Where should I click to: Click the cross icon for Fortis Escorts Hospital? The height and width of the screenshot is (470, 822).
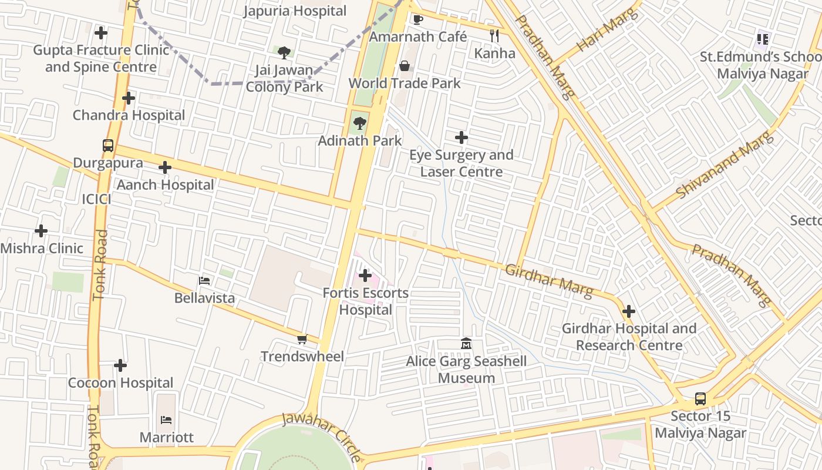365,275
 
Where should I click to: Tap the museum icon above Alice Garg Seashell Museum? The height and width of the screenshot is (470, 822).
466,343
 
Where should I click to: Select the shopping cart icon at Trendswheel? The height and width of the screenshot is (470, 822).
302,339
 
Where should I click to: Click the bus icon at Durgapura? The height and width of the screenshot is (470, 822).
108,145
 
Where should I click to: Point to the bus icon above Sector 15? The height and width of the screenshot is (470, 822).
700,399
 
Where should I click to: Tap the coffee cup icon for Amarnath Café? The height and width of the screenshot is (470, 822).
417,19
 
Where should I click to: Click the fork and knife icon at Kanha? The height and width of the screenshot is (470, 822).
494,36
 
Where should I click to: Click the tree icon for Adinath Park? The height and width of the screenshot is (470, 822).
359,123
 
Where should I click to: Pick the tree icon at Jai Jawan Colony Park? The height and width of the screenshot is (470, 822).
284,53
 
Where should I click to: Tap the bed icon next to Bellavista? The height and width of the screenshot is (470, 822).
204,280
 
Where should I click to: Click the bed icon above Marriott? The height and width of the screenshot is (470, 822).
166,419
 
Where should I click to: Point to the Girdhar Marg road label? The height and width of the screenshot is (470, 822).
548,280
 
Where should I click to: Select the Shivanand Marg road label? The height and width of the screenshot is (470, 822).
725,166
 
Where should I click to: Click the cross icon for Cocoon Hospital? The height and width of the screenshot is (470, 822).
120,365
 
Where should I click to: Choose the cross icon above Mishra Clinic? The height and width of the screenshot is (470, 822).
41,230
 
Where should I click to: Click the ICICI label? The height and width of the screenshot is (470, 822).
97,199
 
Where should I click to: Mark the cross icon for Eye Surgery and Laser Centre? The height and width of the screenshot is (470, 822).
461,137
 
